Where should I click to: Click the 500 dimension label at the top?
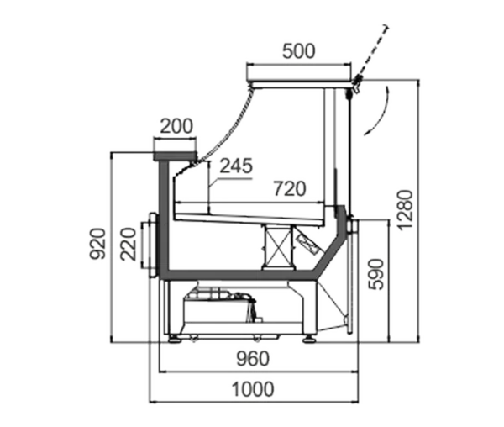(298, 51)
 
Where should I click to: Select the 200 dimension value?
(176, 126)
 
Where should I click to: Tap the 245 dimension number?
(236, 166)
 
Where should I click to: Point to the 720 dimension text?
(290, 189)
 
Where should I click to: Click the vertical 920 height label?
(97, 244)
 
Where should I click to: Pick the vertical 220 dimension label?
(129, 244)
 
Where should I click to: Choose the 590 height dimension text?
(375, 274)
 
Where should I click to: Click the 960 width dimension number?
(253, 359)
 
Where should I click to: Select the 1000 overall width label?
(253, 389)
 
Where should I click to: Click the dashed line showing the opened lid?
(371, 52)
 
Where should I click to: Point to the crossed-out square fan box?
(278, 246)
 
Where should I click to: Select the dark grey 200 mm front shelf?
(176, 156)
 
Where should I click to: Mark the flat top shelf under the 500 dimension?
(301, 84)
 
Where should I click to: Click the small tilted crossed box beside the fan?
(307, 244)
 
